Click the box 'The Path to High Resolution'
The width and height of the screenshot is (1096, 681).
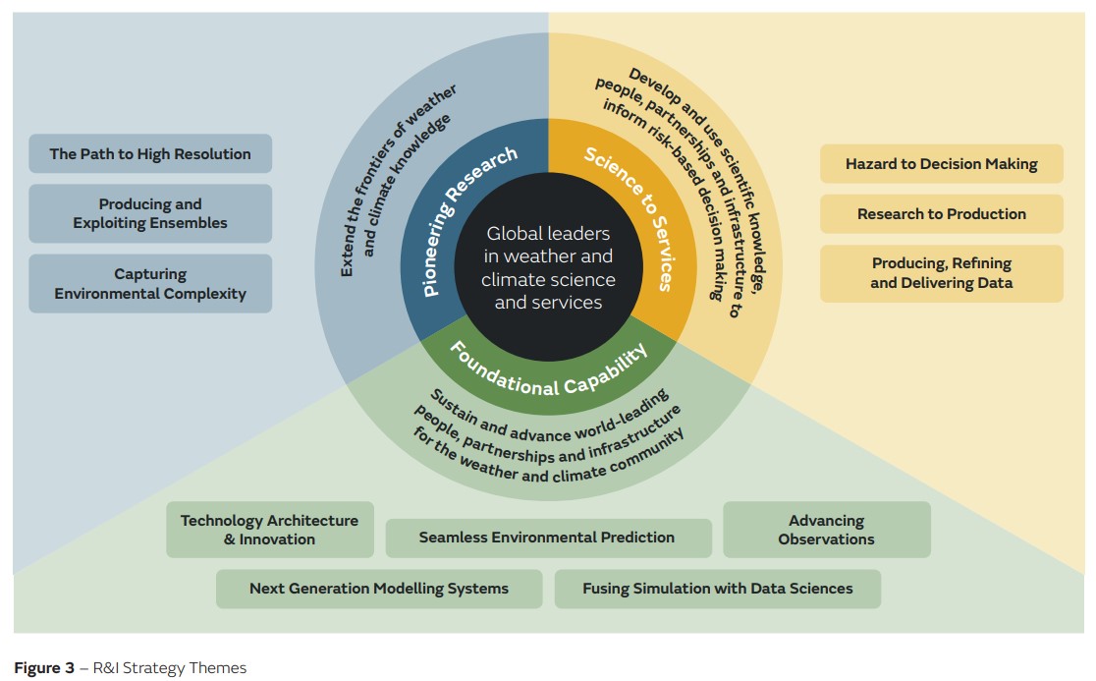click(x=150, y=154)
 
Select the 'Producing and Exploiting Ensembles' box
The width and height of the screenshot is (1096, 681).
click(x=150, y=213)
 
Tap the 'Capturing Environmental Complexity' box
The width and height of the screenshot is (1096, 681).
click(x=150, y=284)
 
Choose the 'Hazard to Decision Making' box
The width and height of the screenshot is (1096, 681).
click(x=941, y=164)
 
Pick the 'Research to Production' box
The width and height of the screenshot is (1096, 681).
click(x=941, y=214)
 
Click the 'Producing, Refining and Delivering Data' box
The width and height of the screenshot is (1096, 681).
click(x=941, y=273)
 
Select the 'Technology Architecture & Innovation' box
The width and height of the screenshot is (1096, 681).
click(x=269, y=530)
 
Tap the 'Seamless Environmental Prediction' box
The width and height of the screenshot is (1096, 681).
click(x=547, y=538)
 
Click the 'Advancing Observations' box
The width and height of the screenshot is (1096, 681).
click(x=826, y=530)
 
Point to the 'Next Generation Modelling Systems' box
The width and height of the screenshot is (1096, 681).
click(x=378, y=589)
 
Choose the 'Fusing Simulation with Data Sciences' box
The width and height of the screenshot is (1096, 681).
click(x=717, y=589)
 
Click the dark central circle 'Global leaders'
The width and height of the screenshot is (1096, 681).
click(x=548, y=268)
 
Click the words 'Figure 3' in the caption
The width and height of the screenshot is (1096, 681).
click(x=44, y=668)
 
